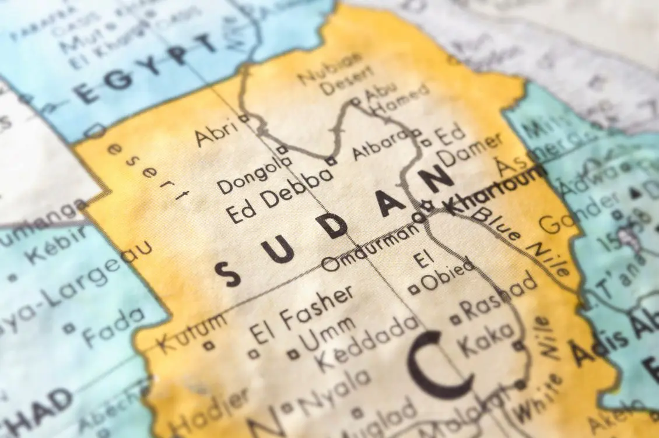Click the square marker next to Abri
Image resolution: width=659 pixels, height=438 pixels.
pos(245,118)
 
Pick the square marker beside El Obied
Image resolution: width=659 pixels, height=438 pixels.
pos(415,287)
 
